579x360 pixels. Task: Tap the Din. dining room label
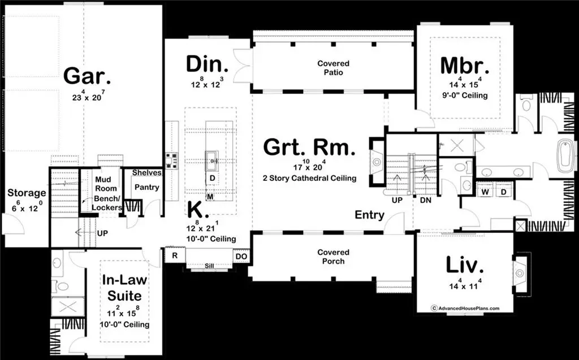coord(207,64)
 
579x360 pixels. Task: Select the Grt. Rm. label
coord(310,149)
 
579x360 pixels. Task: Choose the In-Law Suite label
coord(122,288)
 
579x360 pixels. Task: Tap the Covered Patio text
coord(333,68)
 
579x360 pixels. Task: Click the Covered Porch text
coord(333,257)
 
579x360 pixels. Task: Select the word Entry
coord(370,215)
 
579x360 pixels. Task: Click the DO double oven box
coord(241,256)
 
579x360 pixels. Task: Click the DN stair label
coord(426,200)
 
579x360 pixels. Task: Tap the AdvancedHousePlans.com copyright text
coord(465,309)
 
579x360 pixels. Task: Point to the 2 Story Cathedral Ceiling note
coord(309,178)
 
